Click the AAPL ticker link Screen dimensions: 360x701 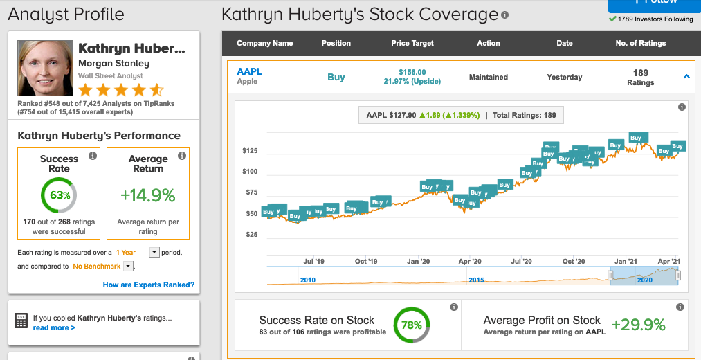click(249, 71)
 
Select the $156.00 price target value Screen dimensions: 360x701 click(412, 72)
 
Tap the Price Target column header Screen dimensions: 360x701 click(412, 43)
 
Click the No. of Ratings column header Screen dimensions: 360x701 click(640, 43)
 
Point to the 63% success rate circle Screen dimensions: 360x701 click(59, 195)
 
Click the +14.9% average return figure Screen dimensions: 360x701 click(148, 196)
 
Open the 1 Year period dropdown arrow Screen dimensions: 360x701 click(154, 253)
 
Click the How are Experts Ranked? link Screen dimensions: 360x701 click(148, 285)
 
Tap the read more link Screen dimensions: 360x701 click(54, 327)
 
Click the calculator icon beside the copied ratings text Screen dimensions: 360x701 click(21, 321)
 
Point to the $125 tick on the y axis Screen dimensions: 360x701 click(250, 151)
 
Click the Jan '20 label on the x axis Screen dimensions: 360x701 click(418, 261)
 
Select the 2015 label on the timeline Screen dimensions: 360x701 click(477, 280)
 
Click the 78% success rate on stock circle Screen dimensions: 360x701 click(412, 325)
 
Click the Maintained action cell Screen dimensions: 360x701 click(489, 77)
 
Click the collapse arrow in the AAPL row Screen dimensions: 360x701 click(686, 77)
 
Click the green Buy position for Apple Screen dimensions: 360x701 click(336, 77)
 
